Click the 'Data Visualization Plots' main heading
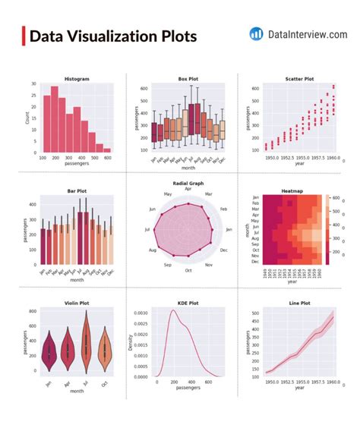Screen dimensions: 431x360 click(x=112, y=36)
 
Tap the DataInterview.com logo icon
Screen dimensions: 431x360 click(x=256, y=34)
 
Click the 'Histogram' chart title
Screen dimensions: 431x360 click(x=76, y=79)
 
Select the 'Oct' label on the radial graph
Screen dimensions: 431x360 click(x=188, y=270)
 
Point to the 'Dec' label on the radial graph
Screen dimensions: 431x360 click(x=223, y=250)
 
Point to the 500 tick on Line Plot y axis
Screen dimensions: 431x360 click(x=257, y=313)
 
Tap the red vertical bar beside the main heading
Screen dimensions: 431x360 click(x=24, y=36)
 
